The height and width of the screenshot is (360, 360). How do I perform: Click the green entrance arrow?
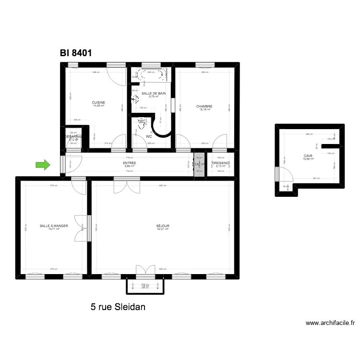click(x=43, y=166)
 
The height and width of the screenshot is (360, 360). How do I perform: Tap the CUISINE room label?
click(x=98, y=102)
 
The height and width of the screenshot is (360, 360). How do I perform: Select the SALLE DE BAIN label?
click(x=154, y=93)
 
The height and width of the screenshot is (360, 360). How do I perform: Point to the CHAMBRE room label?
click(x=204, y=107)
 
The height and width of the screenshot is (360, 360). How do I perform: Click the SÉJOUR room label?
click(x=163, y=226)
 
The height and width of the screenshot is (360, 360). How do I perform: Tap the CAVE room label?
click(x=307, y=156)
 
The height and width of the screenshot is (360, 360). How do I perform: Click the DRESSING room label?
click(x=221, y=163)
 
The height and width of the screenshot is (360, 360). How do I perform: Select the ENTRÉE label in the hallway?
click(x=129, y=163)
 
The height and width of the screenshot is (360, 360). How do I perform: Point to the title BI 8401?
click(x=76, y=53)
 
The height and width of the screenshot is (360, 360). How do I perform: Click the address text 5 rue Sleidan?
click(x=118, y=306)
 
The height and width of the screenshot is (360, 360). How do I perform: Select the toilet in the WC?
click(x=142, y=124)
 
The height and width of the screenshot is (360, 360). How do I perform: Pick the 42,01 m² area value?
click(x=163, y=229)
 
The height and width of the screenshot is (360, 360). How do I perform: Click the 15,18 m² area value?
click(x=204, y=110)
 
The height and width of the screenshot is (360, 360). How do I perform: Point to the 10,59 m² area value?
click(x=307, y=159)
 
